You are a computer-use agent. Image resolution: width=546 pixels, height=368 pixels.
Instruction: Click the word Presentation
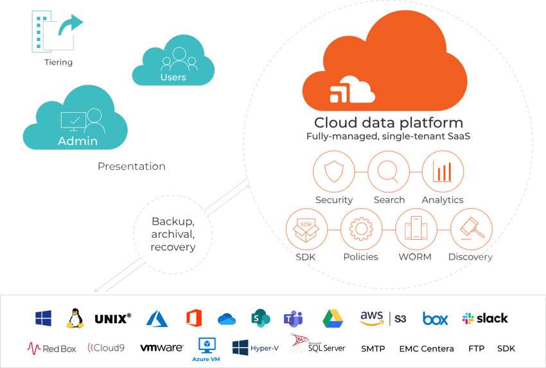click(131, 166)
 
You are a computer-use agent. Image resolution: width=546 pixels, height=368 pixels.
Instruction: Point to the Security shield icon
click(334, 172)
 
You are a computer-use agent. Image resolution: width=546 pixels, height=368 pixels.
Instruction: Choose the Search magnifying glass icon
click(389, 172)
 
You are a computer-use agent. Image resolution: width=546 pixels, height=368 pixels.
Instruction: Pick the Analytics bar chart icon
click(443, 172)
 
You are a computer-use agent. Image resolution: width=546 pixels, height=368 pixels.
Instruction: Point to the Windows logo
click(43, 318)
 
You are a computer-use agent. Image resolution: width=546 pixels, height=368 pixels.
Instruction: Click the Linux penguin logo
click(75, 318)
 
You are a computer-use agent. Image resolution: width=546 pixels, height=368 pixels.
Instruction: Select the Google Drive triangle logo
click(333, 318)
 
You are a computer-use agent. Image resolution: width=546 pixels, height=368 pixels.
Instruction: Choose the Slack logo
click(485, 318)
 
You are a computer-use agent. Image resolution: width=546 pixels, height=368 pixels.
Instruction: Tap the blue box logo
click(435, 318)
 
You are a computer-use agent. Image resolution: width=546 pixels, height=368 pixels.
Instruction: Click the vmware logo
click(161, 348)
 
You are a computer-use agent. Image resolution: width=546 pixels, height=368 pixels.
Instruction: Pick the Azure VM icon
click(207, 348)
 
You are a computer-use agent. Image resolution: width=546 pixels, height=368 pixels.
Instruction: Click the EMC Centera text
click(427, 349)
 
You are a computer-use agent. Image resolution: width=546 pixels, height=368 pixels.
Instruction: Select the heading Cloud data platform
click(388, 122)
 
